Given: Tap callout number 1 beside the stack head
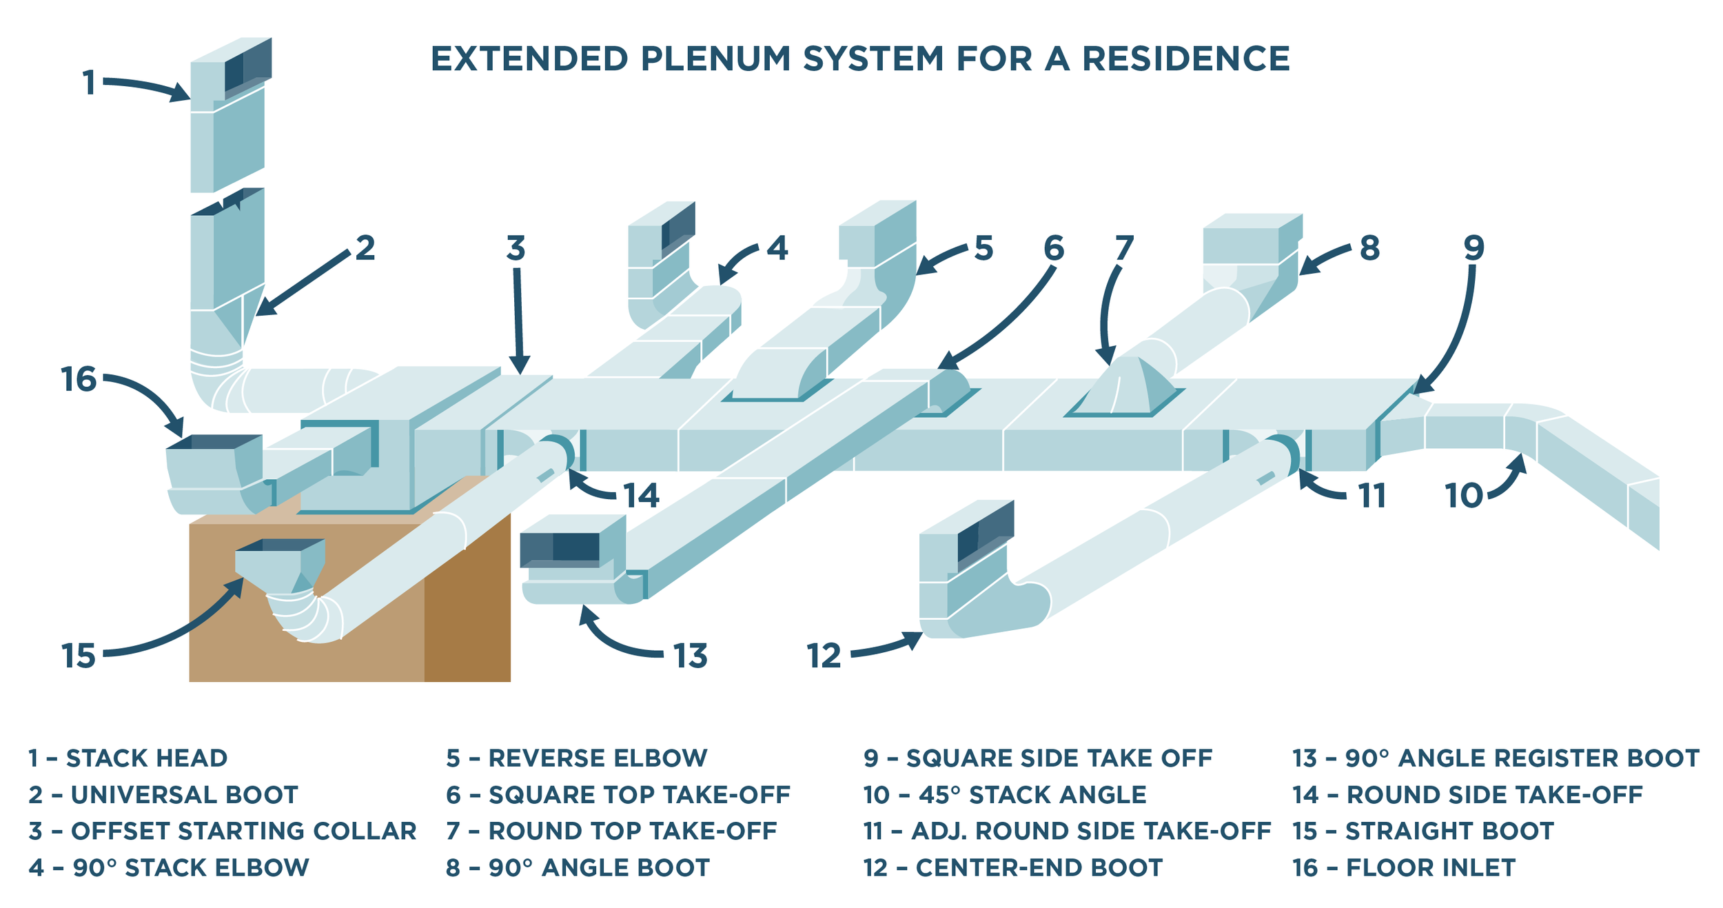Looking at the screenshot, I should click(x=89, y=83).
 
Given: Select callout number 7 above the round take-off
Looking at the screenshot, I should click(x=1124, y=248).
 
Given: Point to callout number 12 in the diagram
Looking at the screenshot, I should click(x=824, y=656).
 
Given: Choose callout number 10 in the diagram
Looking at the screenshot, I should click(x=1464, y=496).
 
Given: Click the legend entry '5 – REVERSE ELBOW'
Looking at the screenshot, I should click(x=576, y=758).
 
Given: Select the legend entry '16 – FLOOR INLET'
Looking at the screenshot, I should click(x=1403, y=867).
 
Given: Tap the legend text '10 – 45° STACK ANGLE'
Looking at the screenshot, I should click(x=1004, y=795).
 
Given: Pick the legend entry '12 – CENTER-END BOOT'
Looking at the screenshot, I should click(x=1012, y=867).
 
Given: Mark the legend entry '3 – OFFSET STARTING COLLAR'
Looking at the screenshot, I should click(x=222, y=831).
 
